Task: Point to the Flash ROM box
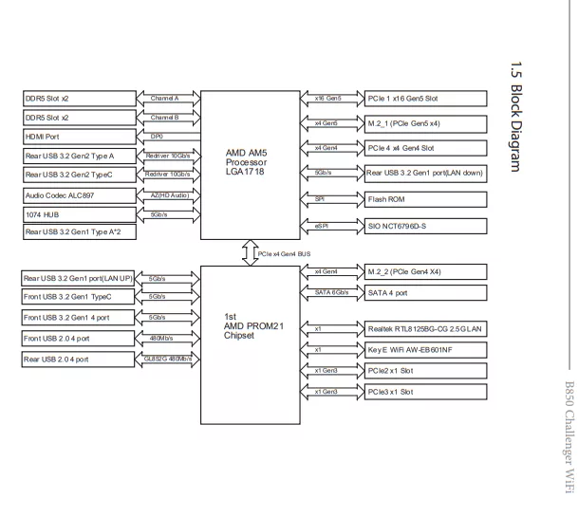[425, 200]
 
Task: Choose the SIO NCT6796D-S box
[425, 227]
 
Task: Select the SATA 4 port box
[425, 293]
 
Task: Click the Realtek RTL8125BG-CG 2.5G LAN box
[425, 328]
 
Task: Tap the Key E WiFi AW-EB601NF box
[425, 349]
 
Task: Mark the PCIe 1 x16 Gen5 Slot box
[425, 99]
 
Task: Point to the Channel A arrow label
[164, 98]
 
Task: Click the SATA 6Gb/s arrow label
[331, 292]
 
